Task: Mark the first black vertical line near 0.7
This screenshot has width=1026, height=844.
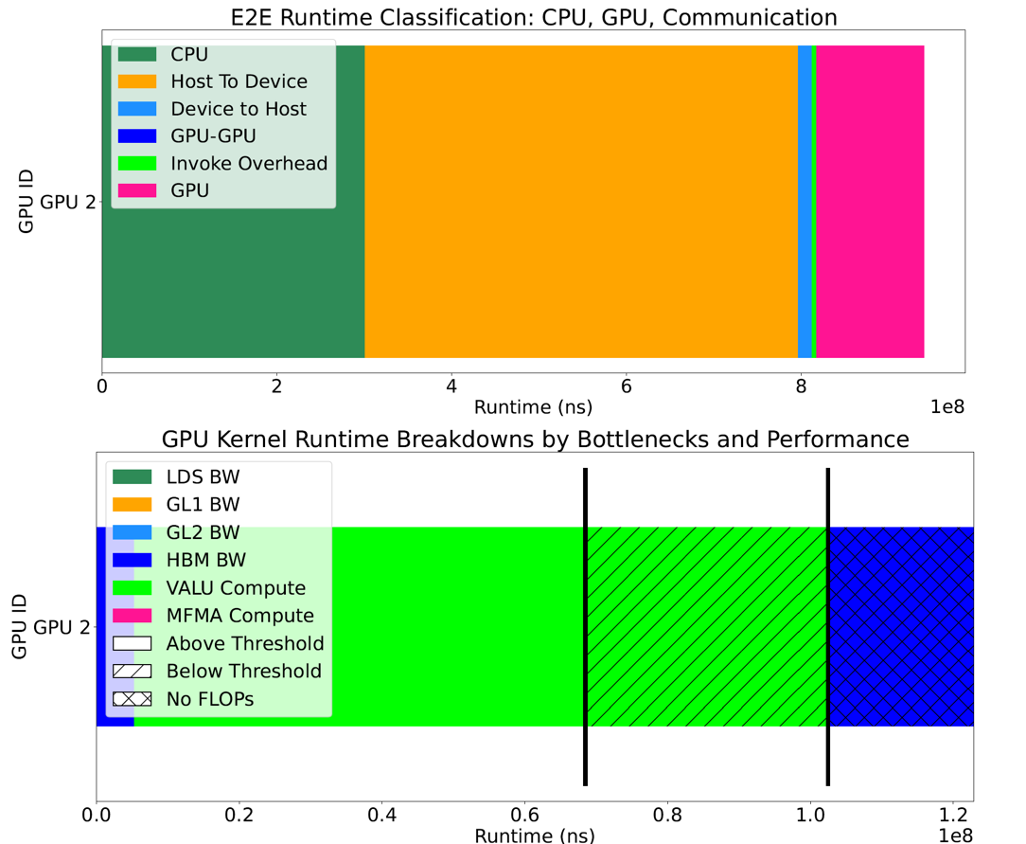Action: [585, 626]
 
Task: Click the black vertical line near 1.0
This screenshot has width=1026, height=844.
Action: [828, 626]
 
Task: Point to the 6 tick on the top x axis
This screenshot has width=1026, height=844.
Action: [627, 386]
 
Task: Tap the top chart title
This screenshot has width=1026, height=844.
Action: [533, 16]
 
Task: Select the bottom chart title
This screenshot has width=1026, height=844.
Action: [535, 440]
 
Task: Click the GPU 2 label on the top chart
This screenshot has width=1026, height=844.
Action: [66, 202]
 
